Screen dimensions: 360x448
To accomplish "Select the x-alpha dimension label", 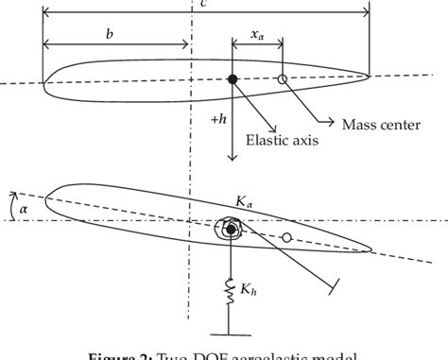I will [257, 34].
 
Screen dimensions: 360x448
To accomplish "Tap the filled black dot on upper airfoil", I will [233, 79].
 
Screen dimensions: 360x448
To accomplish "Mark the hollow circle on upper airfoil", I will [282, 79].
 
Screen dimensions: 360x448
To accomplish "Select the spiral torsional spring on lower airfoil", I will [230, 229].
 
